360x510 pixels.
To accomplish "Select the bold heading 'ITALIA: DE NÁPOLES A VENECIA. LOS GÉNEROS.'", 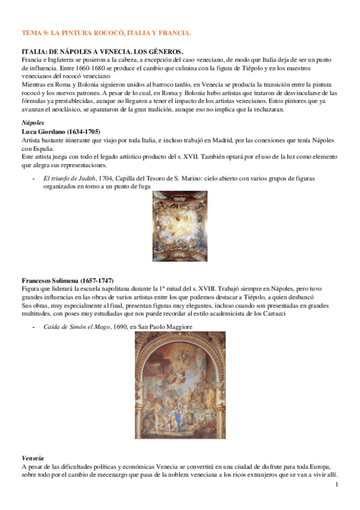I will click(x=102, y=53).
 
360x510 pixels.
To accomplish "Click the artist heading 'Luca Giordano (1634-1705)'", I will click(x=61, y=131).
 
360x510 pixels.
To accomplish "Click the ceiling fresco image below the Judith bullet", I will click(x=180, y=226).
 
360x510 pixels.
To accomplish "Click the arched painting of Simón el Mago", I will click(x=180, y=386).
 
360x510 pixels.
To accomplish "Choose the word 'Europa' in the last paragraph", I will click(x=316, y=467).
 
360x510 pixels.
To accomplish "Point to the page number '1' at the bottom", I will click(x=337, y=484).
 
